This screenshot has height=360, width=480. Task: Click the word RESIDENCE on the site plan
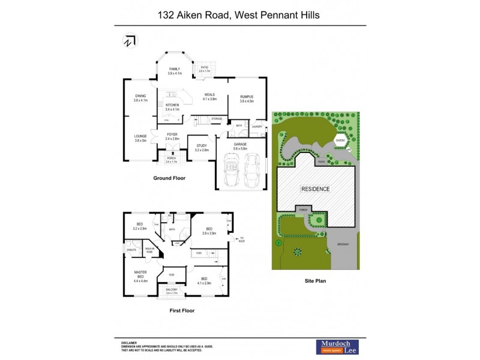[x=315, y=189]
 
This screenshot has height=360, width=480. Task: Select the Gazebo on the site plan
[x=340, y=143]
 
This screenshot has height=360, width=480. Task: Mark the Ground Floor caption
[x=169, y=178]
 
